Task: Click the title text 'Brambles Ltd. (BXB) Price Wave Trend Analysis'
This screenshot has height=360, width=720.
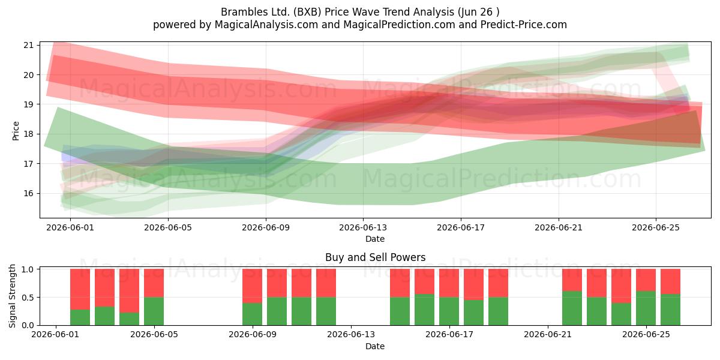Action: click(x=337, y=12)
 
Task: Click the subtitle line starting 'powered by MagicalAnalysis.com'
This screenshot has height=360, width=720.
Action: click(x=360, y=25)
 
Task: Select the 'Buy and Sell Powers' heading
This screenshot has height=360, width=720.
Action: click(x=375, y=257)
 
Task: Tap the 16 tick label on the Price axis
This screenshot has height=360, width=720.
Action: click(x=28, y=193)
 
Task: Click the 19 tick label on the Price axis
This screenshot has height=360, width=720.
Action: click(x=28, y=104)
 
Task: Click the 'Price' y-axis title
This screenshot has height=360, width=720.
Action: click(x=16, y=131)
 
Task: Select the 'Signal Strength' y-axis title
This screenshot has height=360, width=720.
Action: click(x=12, y=296)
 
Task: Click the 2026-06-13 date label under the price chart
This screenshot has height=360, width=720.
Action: click(x=363, y=227)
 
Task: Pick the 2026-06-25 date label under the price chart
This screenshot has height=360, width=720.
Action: click(x=656, y=227)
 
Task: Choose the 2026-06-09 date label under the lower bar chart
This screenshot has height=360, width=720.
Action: click(x=253, y=335)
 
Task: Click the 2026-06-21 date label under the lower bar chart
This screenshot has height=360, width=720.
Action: click(x=548, y=335)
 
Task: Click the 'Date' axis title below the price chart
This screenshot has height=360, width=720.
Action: click(x=375, y=239)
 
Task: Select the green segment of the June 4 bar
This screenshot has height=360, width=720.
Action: click(x=129, y=319)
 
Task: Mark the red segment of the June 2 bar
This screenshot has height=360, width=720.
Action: click(x=80, y=289)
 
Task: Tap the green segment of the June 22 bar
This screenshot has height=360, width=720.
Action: click(x=572, y=308)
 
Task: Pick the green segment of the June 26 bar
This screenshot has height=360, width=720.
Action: click(x=670, y=310)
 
